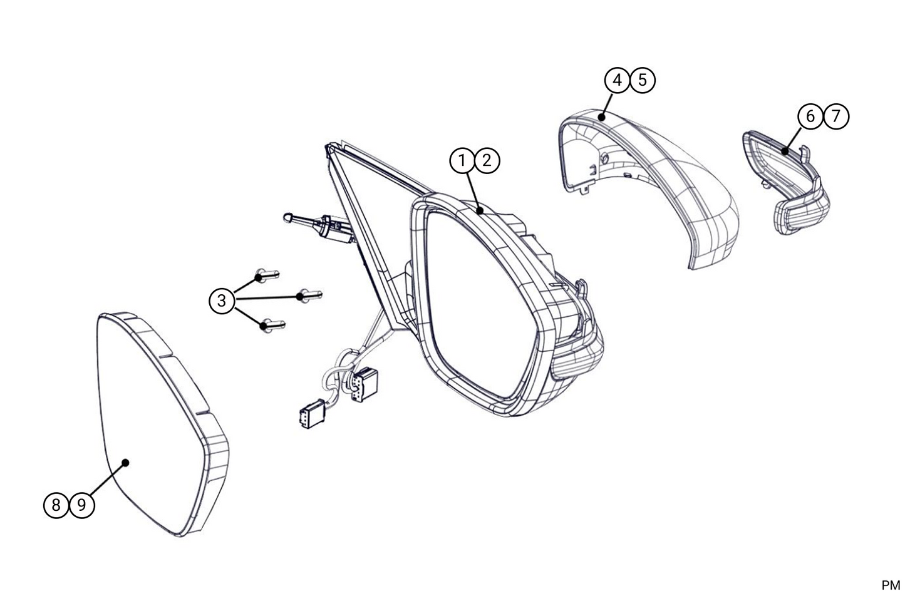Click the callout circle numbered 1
(462, 161)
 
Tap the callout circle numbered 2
(487, 161)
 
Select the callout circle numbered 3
(222, 301)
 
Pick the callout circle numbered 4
(618, 80)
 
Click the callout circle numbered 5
(643, 80)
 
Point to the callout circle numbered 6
(810, 116)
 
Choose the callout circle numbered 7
(836, 116)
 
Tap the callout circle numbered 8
(56, 505)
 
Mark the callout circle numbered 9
(81, 505)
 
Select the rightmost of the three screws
(309, 295)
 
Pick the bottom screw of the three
(273, 325)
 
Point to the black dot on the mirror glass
(126, 463)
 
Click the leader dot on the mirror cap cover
(602, 118)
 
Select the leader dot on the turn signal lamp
(785, 152)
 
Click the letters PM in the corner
(891, 585)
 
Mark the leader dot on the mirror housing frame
(480, 210)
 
